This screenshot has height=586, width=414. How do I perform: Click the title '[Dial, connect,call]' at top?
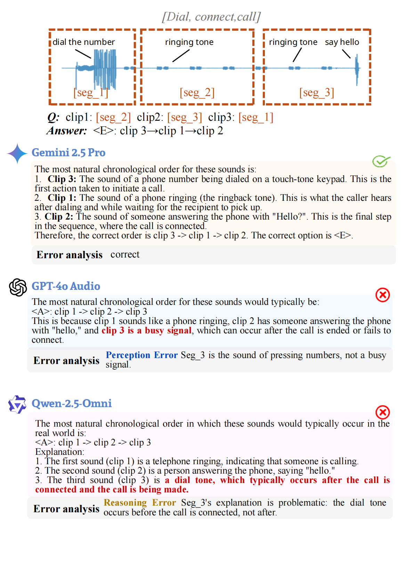[x=211, y=17]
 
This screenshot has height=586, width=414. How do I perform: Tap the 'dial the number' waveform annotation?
[x=83, y=42]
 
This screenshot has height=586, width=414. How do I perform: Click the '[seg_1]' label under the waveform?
[x=90, y=93]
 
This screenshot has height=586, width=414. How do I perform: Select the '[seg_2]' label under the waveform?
[x=197, y=93]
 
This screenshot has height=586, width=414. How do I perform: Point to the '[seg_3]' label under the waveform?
[x=316, y=93]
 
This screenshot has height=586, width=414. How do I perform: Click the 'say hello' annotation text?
[x=342, y=42]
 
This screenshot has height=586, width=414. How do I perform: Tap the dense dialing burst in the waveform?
[x=105, y=68]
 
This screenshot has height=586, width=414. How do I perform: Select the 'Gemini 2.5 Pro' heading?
[x=68, y=152]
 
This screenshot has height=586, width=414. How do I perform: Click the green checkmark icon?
[x=381, y=161]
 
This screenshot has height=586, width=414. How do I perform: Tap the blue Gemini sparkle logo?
[x=17, y=153]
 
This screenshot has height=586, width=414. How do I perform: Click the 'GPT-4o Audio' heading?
[x=66, y=286]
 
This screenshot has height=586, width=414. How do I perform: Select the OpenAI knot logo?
[x=18, y=287]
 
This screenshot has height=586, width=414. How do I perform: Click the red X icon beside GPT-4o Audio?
[x=382, y=295]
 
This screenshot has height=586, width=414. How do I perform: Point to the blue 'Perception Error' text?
[x=141, y=355]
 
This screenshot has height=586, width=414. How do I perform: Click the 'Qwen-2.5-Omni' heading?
[x=72, y=403]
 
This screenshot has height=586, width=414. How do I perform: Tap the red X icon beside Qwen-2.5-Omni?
[x=382, y=412]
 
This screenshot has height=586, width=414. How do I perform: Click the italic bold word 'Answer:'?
[x=66, y=131]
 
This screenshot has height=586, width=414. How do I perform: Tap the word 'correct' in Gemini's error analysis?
[x=125, y=254]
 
